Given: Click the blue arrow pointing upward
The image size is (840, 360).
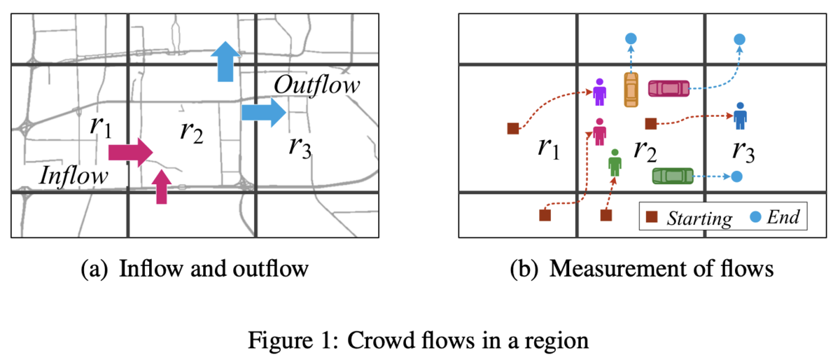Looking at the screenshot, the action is tap(225, 62).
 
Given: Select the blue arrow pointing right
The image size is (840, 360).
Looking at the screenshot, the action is tap(264, 112).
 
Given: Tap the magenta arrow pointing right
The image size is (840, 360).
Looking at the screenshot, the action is tap(130, 153).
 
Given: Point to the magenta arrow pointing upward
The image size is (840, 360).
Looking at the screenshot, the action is tap(162, 187).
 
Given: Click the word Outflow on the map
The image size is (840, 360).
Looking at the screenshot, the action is tap(317, 85).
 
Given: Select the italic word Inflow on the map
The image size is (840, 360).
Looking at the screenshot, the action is tap(74, 175).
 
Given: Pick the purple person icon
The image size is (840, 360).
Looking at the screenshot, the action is tap(600, 92).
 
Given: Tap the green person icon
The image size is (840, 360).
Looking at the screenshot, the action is tap(615, 163).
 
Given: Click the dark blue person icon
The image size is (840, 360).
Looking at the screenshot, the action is tap(741, 116).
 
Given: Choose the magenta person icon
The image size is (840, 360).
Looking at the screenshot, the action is tap(600, 132).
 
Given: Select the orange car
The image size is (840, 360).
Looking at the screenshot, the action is tap(631, 90).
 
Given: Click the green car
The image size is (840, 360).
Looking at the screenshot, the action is tap(673, 176).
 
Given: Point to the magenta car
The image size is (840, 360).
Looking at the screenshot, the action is tap(669, 88).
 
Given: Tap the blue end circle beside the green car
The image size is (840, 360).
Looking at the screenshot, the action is tap(737, 176).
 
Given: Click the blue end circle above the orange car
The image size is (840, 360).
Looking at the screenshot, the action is tap(631, 39).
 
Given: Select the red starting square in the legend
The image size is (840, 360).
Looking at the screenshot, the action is tap(652, 216).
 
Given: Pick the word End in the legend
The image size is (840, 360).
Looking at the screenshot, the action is tap(783, 217).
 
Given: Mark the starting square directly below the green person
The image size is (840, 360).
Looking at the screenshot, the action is tap(606, 216).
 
